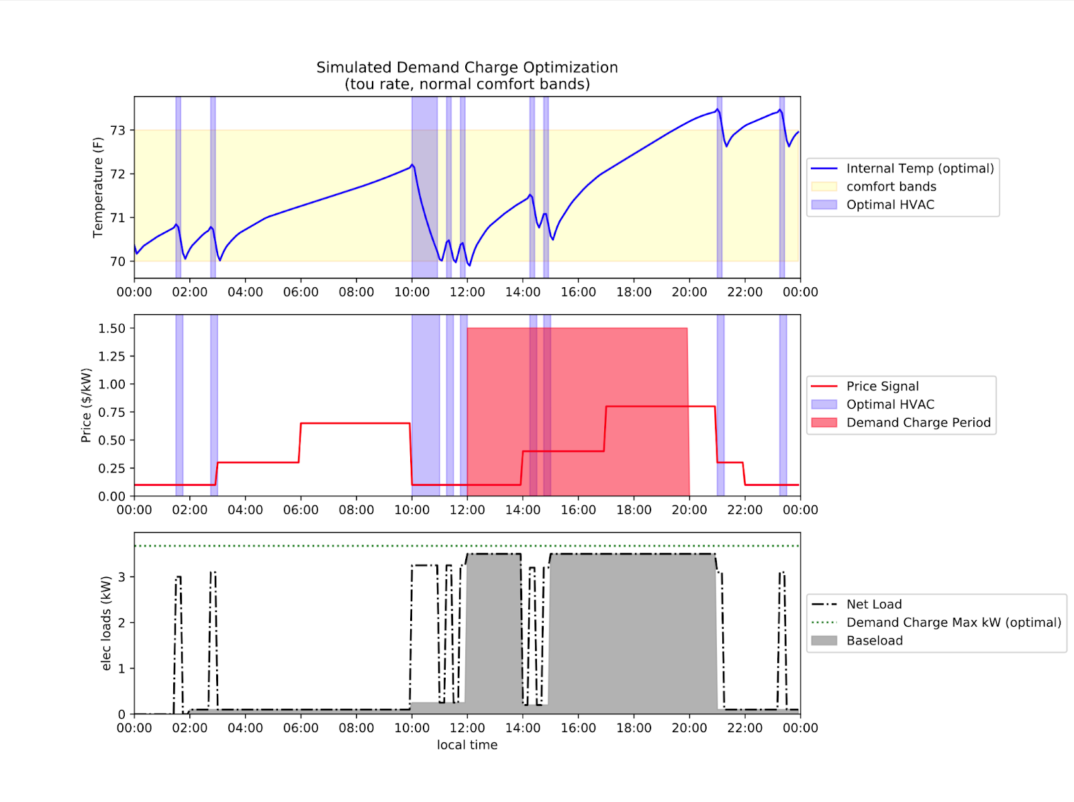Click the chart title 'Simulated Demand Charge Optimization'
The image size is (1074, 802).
(467, 67)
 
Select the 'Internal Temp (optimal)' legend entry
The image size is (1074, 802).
(920, 168)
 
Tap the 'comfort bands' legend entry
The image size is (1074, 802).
(891, 187)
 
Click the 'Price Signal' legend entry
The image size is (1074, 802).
(882, 386)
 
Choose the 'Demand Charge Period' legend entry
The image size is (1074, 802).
(918, 423)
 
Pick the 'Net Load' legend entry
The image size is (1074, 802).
(873, 604)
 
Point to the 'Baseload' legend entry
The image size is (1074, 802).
(874, 640)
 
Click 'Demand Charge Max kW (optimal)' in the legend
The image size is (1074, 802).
(953, 622)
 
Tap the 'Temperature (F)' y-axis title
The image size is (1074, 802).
(98, 187)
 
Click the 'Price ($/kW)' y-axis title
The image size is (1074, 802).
(86, 405)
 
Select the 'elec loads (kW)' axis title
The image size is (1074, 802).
(106, 623)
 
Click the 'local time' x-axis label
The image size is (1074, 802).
(467, 745)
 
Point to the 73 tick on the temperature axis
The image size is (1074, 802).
(117, 130)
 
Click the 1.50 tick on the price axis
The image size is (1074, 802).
(111, 328)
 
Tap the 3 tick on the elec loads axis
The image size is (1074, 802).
(121, 577)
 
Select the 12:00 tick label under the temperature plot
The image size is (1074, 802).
(467, 292)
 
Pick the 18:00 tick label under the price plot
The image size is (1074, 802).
(634, 510)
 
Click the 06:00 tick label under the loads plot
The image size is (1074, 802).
(301, 728)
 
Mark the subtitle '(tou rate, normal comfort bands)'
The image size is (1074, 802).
(467, 84)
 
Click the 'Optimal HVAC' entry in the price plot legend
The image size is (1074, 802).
(889, 404)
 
